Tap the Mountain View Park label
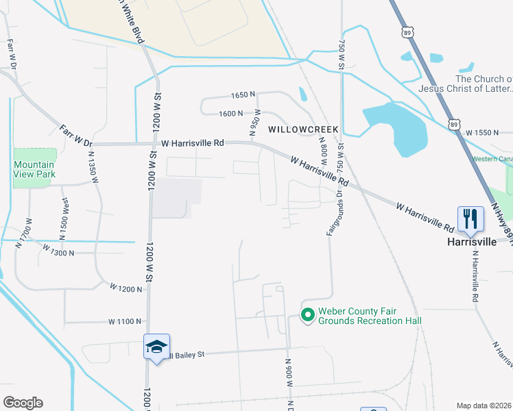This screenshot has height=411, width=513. (x=34, y=169)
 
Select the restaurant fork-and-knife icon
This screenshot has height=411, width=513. (x=470, y=219)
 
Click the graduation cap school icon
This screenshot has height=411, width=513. (x=156, y=347)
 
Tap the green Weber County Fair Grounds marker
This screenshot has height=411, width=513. (x=308, y=314)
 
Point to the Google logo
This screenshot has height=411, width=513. (x=23, y=403)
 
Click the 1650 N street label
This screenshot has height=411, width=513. (x=243, y=95)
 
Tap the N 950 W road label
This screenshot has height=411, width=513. (x=255, y=123)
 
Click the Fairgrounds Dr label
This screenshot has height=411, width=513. (x=329, y=210)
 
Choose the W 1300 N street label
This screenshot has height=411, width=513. (x=58, y=252)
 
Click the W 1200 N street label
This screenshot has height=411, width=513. (x=126, y=289)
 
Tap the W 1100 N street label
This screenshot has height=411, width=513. (x=126, y=321)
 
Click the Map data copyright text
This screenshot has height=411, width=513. (x=484, y=406)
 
